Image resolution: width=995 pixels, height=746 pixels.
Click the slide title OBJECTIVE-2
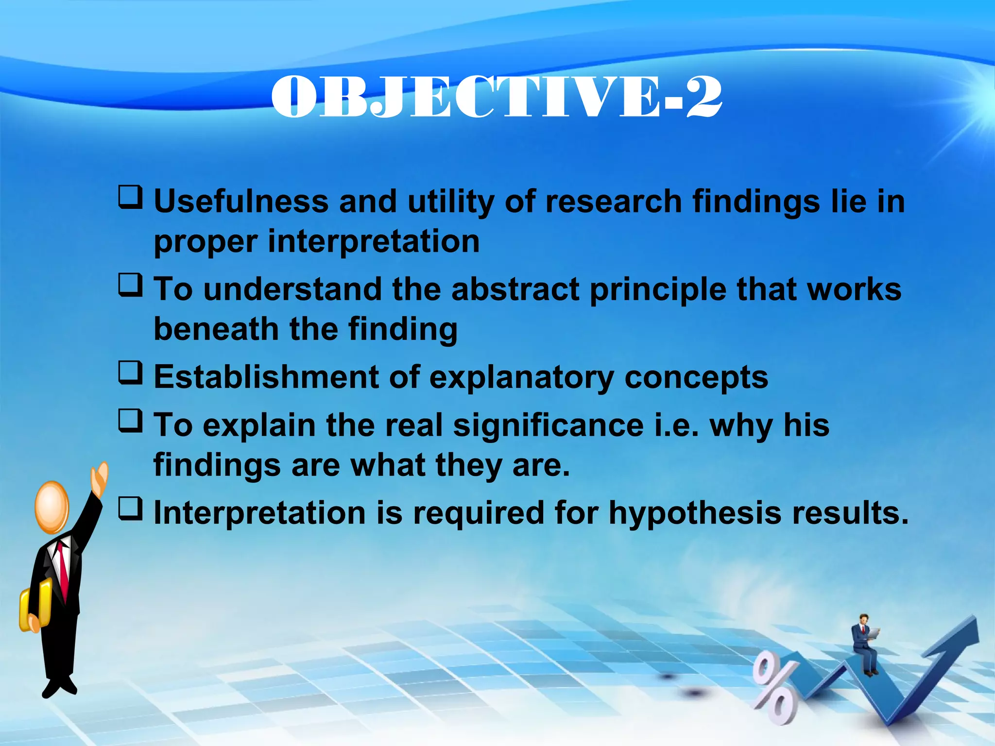(x=497, y=97)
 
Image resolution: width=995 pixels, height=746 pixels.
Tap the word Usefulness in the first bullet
(x=241, y=202)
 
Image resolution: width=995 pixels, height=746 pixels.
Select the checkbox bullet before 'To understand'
(x=131, y=285)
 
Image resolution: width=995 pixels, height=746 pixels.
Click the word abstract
(x=515, y=289)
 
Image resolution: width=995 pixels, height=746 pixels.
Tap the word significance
(x=548, y=426)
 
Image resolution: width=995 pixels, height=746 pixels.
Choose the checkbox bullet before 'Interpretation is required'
(x=131, y=509)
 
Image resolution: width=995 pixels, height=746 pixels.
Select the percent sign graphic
(x=774, y=688)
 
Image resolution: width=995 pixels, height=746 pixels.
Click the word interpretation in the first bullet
(x=373, y=242)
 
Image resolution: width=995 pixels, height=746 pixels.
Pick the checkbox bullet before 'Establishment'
(x=131, y=373)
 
